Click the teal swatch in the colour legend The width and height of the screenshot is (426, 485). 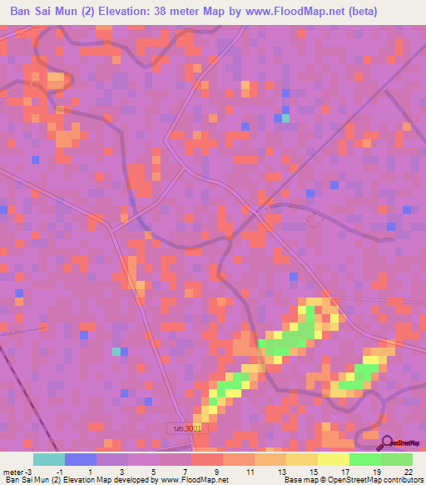tap(49, 459)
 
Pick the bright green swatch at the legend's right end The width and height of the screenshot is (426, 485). tap(397, 459)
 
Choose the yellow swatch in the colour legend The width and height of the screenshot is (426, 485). tap(302, 459)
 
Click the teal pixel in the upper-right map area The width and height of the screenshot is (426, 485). tap(285, 118)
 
